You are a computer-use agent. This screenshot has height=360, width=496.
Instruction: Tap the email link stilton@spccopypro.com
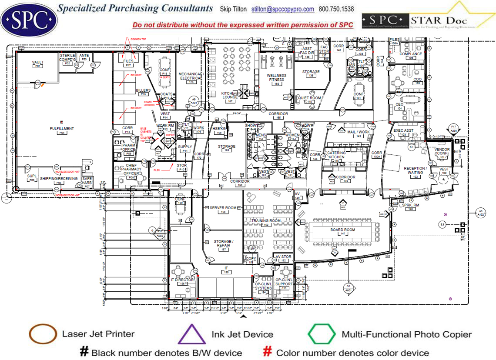(283, 9)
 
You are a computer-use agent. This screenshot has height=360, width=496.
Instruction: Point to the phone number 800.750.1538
(336, 9)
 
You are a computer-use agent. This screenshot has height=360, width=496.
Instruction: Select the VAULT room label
(38, 62)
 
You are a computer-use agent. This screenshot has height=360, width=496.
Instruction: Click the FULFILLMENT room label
(61, 129)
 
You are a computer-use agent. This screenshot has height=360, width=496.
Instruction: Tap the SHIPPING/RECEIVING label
(58, 179)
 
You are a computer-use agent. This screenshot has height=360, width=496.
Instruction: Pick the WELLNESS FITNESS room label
(276, 77)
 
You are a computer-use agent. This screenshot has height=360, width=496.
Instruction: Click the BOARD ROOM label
(343, 230)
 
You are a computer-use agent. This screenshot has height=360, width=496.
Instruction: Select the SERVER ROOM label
(223, 208)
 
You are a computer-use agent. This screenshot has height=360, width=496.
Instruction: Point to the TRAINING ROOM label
(266, 221)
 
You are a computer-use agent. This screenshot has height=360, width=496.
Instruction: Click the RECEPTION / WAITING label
(416, 170)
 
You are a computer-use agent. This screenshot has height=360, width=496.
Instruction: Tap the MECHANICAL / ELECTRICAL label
(191, 76)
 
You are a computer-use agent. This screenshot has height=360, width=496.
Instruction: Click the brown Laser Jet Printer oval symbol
(43, 334)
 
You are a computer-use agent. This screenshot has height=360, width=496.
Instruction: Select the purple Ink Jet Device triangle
(192, 334)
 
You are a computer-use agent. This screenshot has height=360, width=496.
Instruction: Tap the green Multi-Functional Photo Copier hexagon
(322, 334)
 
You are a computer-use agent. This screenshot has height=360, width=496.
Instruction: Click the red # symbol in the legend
(268, 352)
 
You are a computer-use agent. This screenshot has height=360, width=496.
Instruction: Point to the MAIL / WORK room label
(359, 132)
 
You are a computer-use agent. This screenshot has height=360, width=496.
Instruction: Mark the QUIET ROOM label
(310, 98)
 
